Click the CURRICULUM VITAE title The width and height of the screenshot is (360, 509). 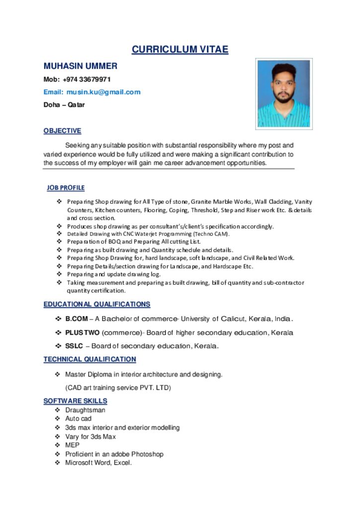tap(180, 49)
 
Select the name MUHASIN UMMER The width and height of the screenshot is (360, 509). tap(81, 66)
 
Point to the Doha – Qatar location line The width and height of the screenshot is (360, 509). tap(64, 105)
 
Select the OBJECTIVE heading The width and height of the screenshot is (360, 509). tap(62, 131)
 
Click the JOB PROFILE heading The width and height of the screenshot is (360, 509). tap(66, 188)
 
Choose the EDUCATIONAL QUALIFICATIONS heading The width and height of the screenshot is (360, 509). tap(97, 304)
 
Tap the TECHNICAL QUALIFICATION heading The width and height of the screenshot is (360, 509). tap(90, 359)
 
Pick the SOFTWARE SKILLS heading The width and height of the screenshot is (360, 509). tap(75, 401)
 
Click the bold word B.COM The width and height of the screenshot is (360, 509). tap(77, 319)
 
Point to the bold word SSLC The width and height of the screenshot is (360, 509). tap(74, 346)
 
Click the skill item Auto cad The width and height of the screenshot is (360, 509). tap(79, 419)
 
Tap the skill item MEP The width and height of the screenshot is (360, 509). tap(72, 445)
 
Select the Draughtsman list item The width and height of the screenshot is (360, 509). tap(85, 410)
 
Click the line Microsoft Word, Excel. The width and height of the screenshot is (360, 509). tap(98, 463)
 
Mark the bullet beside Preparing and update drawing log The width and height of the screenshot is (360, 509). tap(59, 274)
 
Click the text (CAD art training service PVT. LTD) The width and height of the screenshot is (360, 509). tap(118, 388)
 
